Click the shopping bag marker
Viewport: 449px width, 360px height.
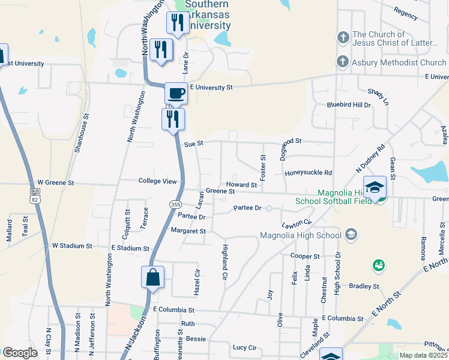152,278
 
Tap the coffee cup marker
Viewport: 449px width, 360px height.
176,94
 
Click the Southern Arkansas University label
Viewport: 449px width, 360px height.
207,15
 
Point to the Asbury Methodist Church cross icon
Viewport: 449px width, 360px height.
343,62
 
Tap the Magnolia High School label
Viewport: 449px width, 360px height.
300,235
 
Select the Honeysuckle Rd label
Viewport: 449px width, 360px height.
308,173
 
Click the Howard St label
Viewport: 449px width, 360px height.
241,185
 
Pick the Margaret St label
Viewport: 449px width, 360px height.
188,231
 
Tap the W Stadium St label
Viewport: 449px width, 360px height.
71,246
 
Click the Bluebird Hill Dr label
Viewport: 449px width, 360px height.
349,104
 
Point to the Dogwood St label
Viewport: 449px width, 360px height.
298,141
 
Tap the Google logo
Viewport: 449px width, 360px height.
20,353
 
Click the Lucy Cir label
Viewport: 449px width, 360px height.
244,347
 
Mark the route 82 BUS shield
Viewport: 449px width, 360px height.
34,196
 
